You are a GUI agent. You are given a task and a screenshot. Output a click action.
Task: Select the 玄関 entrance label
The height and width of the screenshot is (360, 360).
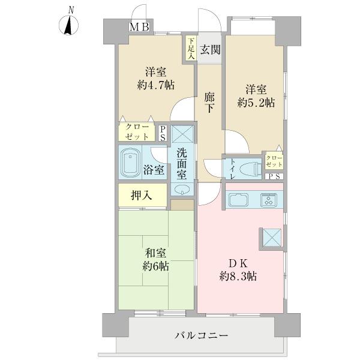point(209,50)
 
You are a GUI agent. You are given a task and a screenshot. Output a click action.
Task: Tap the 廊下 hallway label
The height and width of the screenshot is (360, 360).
point(209,103)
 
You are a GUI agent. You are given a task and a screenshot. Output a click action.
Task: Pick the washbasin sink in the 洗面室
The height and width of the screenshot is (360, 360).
point(182,190)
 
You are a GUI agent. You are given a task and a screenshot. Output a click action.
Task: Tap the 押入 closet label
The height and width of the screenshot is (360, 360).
point(142,194)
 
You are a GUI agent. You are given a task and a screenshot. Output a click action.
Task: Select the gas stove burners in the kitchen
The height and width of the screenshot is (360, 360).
point(268,199)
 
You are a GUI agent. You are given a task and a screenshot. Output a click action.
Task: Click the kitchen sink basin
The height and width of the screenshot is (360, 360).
point(239,199)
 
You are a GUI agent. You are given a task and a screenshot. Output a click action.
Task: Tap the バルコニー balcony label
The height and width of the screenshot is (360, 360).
point(202,335)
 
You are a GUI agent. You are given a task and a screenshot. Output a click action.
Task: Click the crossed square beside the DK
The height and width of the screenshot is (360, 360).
point(271,238)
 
